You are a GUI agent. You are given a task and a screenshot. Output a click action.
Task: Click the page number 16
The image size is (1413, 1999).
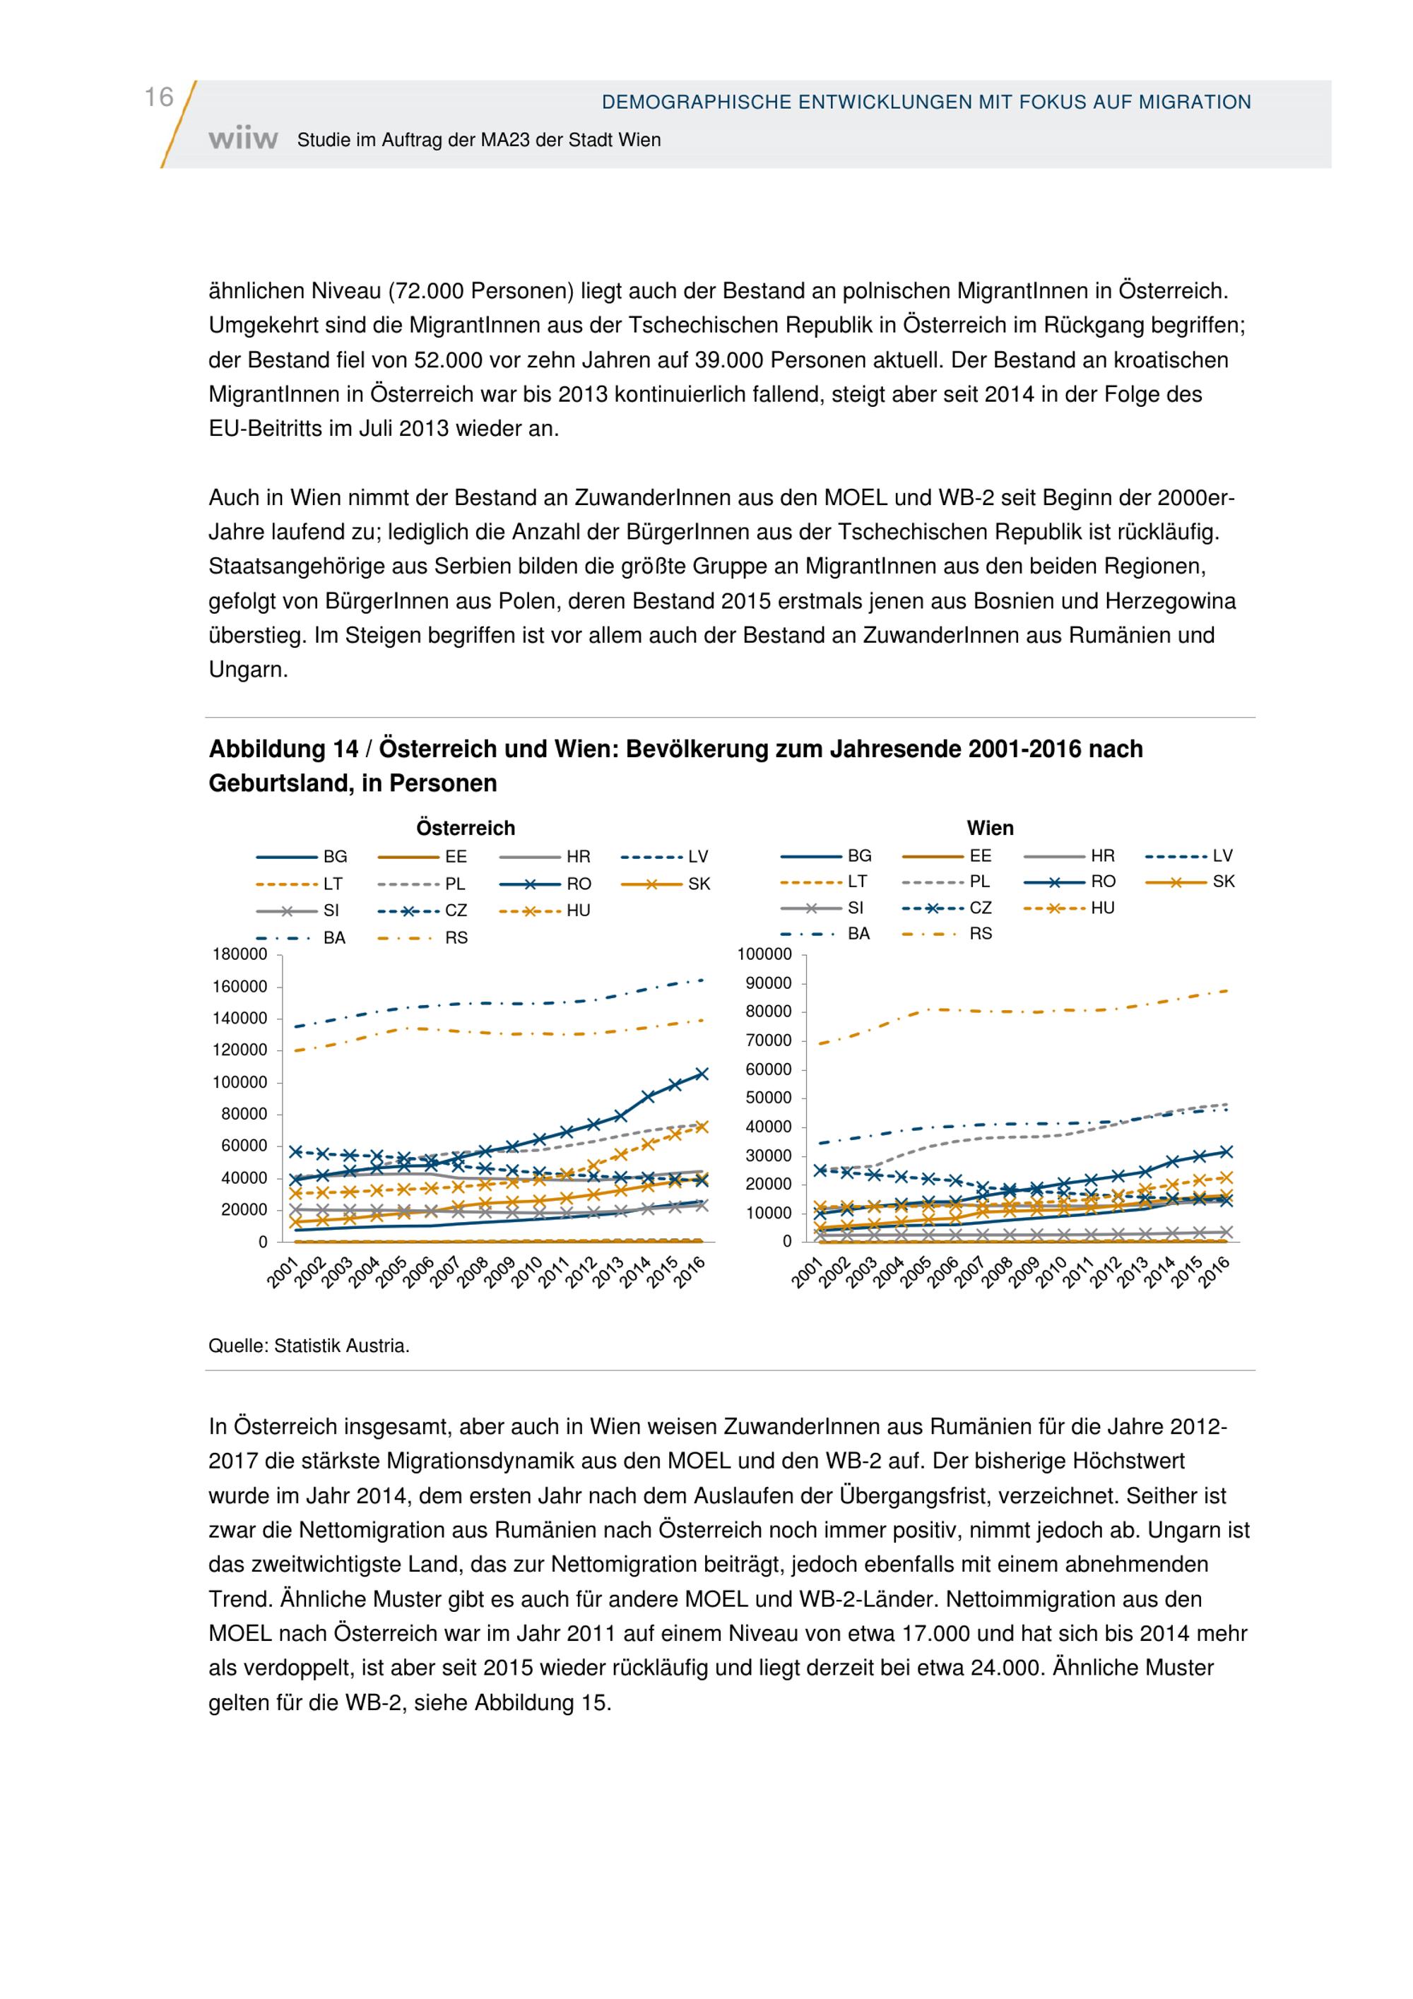(158, 97)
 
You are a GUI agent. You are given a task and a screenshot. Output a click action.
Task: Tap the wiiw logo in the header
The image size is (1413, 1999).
(243, 139)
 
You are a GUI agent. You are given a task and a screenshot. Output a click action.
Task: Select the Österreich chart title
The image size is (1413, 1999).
(465, 828)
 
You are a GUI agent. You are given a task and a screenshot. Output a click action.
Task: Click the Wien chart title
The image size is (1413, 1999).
(990, 828)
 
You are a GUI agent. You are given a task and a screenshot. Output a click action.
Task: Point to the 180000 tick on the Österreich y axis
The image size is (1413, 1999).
(240, 954)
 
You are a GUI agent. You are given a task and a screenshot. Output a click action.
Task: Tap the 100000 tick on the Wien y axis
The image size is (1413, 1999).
(764, 954)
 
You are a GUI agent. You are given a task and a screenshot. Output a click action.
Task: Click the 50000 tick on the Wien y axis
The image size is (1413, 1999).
(768, 1098)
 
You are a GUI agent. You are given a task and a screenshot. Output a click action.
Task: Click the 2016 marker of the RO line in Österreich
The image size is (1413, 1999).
(702, 1074)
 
